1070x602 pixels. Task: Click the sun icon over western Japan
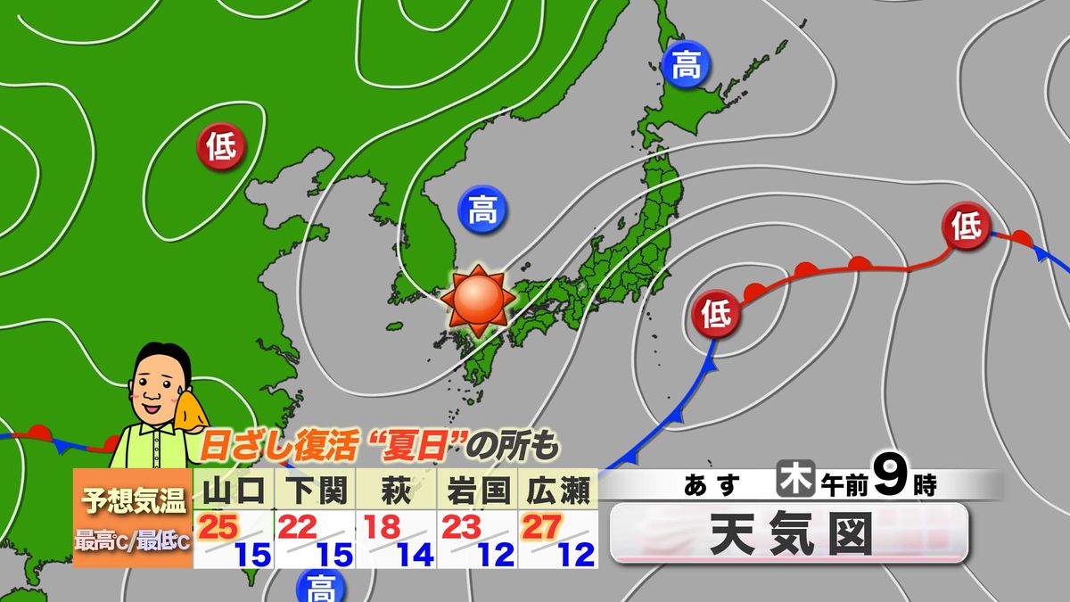tap(478, 301)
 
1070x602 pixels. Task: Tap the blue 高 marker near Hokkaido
tap(685, 66)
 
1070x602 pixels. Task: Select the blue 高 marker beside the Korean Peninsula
tap(482, 210)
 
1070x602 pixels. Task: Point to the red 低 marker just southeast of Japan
tap(717, 314)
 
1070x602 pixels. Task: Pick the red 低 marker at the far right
tap(967, 227)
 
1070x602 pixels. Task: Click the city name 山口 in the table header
tap(234, 490)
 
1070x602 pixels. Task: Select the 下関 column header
tap(315, 490)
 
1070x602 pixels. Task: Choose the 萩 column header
tap(396, 490)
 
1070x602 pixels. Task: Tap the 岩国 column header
tap(477, 490)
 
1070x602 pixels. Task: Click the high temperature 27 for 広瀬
tap(541, 527)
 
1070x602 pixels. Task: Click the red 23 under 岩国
tap(461, 527)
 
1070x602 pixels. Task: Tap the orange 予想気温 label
tap(132, 500)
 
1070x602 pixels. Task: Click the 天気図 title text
tap(788, 534)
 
